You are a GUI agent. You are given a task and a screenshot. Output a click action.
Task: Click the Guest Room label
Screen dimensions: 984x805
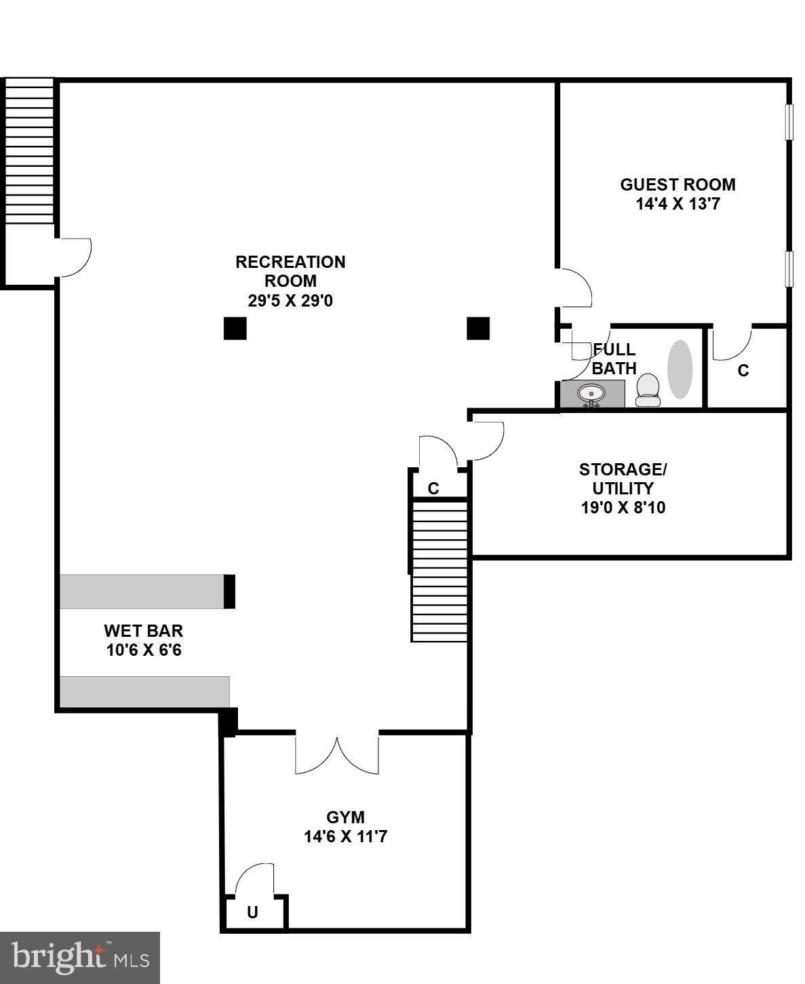pyautogui.click(x=677, y=184)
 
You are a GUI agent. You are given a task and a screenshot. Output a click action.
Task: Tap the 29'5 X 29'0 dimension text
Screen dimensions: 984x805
pyautogui.click(x=290, y=300)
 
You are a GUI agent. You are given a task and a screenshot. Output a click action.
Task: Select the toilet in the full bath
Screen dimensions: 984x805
pyautogui.click(x=648, y=390)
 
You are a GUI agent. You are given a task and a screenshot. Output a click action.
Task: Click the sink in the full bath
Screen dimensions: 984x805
pyautogui.click(x=591, y=394)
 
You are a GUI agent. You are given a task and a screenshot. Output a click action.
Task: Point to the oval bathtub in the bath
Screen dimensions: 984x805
pyautogui.click(x=680, y=369)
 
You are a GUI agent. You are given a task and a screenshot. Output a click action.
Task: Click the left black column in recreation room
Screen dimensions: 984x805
pyautogui.click(x=235, y=328)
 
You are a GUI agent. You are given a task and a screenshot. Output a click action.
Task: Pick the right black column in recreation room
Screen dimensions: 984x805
pyautogui.click(x=478, y=328)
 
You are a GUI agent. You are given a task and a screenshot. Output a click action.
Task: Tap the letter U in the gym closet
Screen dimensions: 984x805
pyautogui.click(x=252, y=913)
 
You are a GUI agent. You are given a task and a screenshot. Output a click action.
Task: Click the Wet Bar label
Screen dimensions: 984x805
pyautogui.click(x=143, y=631)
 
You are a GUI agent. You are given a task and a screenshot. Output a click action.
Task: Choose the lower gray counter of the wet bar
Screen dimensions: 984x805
pyautogui.click(x=144, y=692)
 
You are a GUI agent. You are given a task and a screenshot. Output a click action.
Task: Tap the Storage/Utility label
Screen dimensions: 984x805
pyautogui.click(x=623, y=479)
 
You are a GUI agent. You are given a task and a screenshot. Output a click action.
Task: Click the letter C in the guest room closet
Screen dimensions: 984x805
pyautogui.click(x=743, y=371)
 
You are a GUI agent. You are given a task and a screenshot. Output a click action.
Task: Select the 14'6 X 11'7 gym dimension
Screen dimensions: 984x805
pyautogui.click(x=345, y=837)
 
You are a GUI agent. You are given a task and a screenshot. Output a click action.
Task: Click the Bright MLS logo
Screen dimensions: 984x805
pyautogui.click(x=79, y=958)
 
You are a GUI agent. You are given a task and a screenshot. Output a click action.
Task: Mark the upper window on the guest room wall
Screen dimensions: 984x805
pyautogui.click(x=789, y=122)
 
